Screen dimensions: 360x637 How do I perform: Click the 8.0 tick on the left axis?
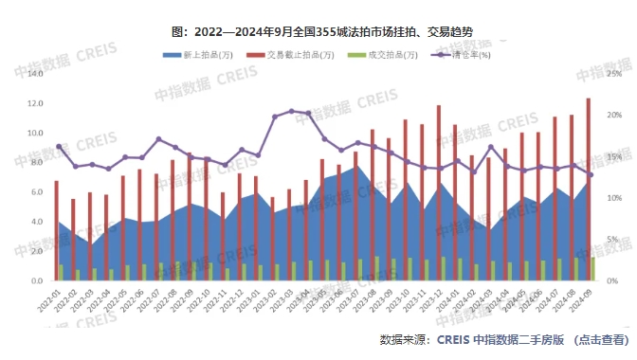(35, 162)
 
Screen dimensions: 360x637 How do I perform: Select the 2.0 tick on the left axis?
(35, 252)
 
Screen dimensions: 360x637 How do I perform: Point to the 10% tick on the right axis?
(613, 198)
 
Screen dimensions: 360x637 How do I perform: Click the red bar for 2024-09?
(589, 189)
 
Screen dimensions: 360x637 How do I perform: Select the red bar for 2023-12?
(439, 193)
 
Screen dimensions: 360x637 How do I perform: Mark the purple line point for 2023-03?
(291, 111)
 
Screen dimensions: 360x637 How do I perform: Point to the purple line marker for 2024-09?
(591, 174)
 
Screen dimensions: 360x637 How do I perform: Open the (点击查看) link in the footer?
(601, 339)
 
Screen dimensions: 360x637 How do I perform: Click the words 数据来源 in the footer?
(404, 339)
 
